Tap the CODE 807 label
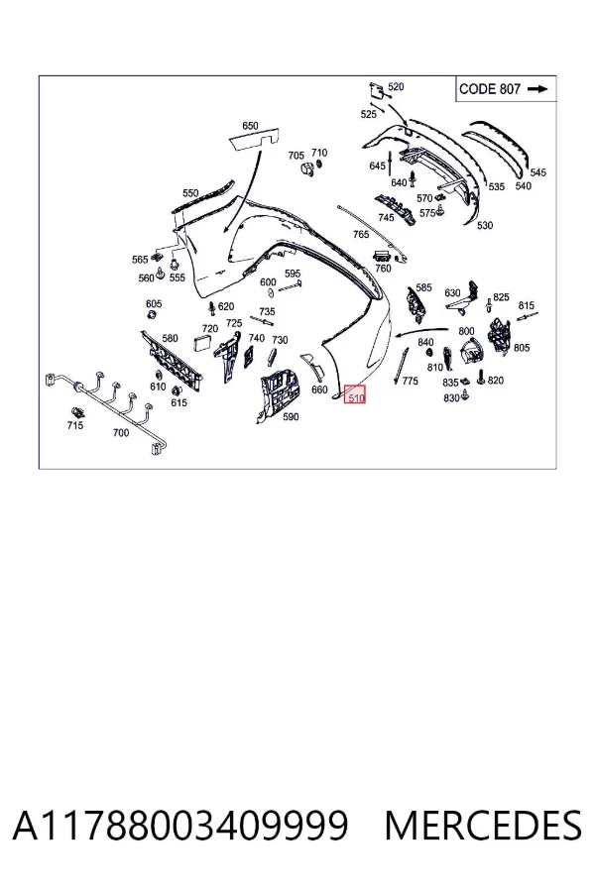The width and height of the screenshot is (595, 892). coord(490,89)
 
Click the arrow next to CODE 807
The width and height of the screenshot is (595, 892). coord(537,89)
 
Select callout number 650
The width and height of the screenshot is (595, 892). coord(250,126)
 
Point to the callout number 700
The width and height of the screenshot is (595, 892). coord(121,433)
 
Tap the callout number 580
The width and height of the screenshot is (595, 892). coord(170,339)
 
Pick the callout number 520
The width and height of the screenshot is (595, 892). coord(396,86)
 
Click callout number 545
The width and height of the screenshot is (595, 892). coord(538,172)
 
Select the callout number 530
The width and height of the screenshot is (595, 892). coord(485,225)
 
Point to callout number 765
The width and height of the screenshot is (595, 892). coord(360,234)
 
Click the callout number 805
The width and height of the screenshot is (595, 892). coord(522,348)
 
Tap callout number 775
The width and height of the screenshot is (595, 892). coord(410,381)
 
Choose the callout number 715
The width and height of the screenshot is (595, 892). coord(74,425)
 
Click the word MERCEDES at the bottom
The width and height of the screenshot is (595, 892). coord(483,826)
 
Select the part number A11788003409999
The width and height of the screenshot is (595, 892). coord(179,826)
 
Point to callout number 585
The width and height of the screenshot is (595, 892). coord(423,287)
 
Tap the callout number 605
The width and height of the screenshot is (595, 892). coord(154,304)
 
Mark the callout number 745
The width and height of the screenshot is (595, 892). coord(386,218)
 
